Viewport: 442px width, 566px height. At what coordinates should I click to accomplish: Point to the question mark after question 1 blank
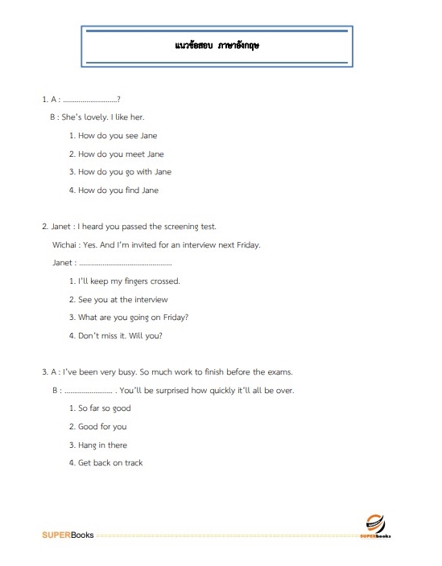[x=118, y=100]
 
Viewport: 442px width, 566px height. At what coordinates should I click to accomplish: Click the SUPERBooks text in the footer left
[x=68, y=535]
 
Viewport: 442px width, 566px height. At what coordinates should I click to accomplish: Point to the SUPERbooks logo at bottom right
[x=374, y=526]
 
